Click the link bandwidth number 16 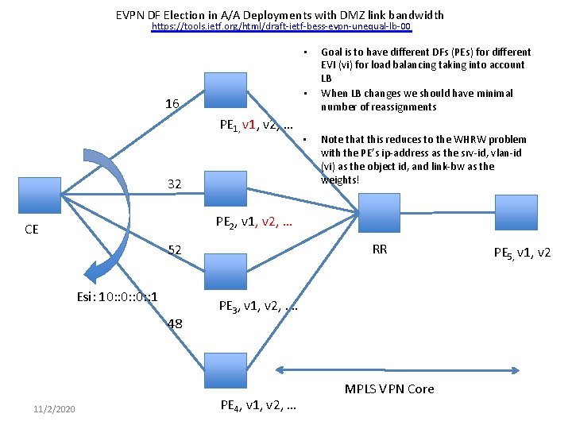pos(172,104)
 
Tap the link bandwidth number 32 pos(175,184)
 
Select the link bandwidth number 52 pos(175,250)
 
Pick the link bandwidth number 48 pos(176,323)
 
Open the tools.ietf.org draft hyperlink pos(281,27)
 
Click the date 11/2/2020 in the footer pos(55,408)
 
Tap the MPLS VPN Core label pos(389,389)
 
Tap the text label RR pos(380,249)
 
